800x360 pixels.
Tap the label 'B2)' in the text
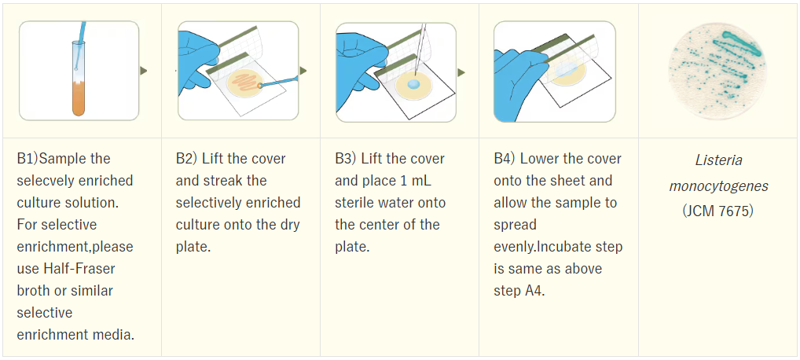click(x=186, y=159)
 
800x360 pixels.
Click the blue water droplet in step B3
click(x=413, y=83)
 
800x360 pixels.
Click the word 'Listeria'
click(x=718, y=160)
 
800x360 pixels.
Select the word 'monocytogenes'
click(x=718, y=186)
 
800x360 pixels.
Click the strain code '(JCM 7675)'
click(x=718, y=211)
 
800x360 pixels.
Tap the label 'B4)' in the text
click(x=504, y=159)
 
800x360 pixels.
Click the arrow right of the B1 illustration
click(x=144, y=71)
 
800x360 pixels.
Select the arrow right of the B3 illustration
click(x=462, y=73)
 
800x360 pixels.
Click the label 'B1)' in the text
click(x=28, y=159)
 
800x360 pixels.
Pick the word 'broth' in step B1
click(x=32, y=291)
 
